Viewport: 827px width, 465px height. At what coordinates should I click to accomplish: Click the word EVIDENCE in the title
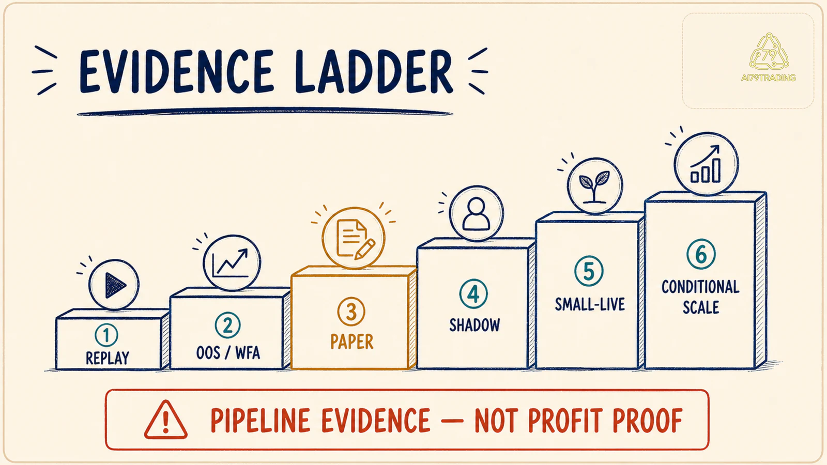click(x=176, y=72)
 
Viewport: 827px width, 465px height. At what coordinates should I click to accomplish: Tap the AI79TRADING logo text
click(x=768, y=78)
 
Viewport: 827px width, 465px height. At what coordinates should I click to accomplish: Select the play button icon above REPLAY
click(x=114, y=285)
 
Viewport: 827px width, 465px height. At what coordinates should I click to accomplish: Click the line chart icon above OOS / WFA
click(x=232, y=263)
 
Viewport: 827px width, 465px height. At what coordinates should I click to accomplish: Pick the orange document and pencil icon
click(x=354, y=238)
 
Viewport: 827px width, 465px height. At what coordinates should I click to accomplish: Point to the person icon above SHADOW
click(x=476, y=214)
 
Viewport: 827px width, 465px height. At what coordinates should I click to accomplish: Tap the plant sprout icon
click(x=595, y=186)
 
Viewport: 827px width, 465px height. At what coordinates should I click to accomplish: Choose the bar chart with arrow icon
click(x=706, y=164)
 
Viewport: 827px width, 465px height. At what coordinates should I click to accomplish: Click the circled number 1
click(x=106, y=335)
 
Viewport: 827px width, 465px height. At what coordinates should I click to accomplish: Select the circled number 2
click(x=227, y=325)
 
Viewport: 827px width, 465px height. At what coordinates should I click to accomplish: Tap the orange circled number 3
click(x=351, y=312)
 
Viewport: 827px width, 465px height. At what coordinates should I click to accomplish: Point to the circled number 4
click(x=473, y=294)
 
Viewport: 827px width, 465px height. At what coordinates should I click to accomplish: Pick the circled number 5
click(x=589, y=271)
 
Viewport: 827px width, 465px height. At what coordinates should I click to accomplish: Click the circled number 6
click(x=701, y=254)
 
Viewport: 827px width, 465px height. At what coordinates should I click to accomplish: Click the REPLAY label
click(x=108, y=358)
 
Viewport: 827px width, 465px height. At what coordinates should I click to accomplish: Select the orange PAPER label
click(x=352, y=342)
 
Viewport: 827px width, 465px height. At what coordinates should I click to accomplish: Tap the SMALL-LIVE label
click(x=590, y=304)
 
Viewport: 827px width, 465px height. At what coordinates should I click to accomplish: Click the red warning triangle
click(x=166, y=420)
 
